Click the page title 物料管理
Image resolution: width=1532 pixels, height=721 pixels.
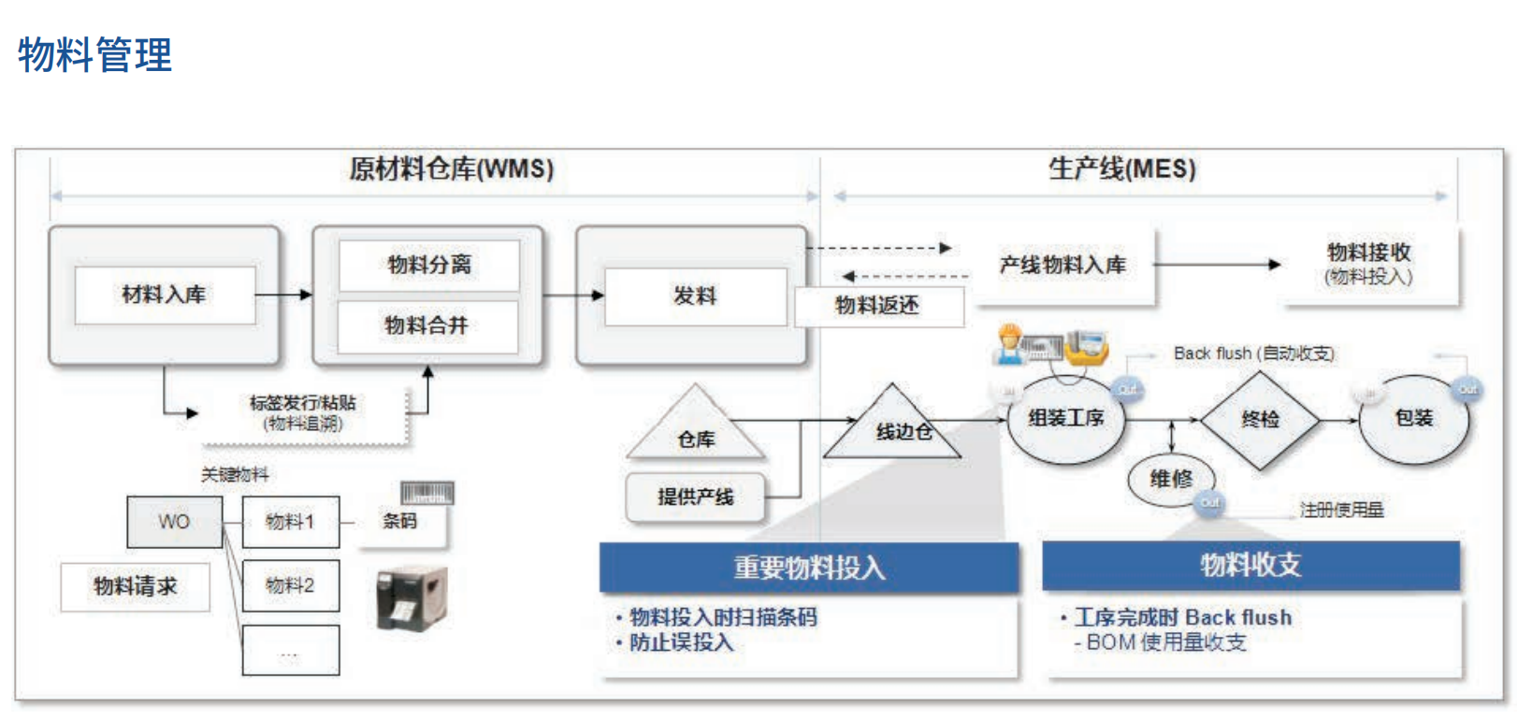click(94, 54)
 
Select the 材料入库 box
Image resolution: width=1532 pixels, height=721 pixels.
click(165, 295)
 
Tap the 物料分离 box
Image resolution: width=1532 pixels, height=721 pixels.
click(428, 265)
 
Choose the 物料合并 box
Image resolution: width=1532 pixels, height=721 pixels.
click(426, 325)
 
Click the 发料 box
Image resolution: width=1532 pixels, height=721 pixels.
click(695, 296)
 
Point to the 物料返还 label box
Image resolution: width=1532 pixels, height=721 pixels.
click(877, 306)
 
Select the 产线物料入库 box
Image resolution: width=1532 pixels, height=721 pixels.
click(1062, 266)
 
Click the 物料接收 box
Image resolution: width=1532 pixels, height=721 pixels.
click(1368, 263)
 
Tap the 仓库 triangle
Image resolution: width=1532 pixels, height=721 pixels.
click(696, 430)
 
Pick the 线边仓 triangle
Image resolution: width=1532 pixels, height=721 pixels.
click(894, 428)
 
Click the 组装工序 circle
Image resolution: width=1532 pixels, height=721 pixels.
click(1065, 418)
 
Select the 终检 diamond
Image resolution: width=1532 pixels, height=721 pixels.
click(1260, 420)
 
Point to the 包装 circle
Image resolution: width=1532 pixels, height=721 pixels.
click(1412, 418)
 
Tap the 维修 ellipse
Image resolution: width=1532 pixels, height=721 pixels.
click(1171, 480)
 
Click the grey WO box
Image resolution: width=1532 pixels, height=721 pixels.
click(174, 522)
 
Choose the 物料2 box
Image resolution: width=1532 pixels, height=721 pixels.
click(290, 585)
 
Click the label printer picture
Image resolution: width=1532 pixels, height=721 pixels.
click(412, 598)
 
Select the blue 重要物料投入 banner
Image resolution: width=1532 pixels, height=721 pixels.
click(809, 568)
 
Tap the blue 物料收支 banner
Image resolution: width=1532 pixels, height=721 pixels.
click(1250, 565)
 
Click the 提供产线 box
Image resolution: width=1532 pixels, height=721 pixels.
click(695, 497)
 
